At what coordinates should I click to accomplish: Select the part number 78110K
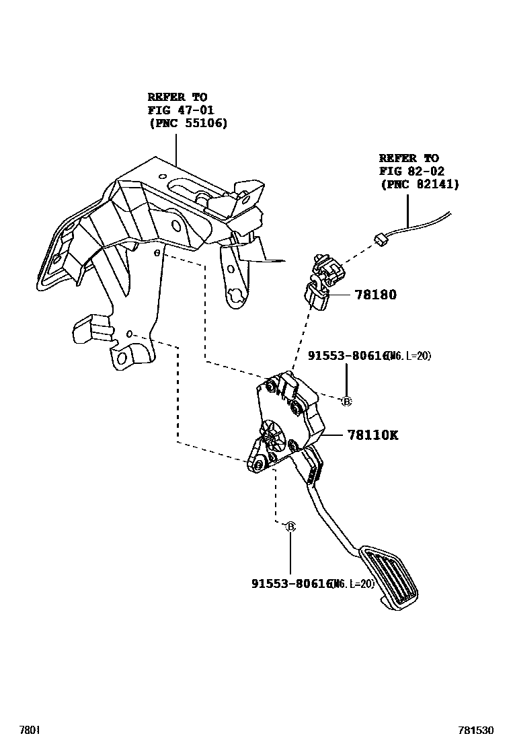tap(372, 435)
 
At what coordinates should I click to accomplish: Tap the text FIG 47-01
tap(178, 110)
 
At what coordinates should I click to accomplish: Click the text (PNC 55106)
tap(188, 123)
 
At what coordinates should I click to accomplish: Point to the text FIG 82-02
tap(411, 172)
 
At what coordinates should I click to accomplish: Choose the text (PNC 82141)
tap(419, 184)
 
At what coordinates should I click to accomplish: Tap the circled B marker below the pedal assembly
tap(290, 527)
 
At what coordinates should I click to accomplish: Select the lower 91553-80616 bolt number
tap(291, 584)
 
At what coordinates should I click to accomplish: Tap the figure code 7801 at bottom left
tap(29, 730)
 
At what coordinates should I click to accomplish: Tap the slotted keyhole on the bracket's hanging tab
tap(235, 294)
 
